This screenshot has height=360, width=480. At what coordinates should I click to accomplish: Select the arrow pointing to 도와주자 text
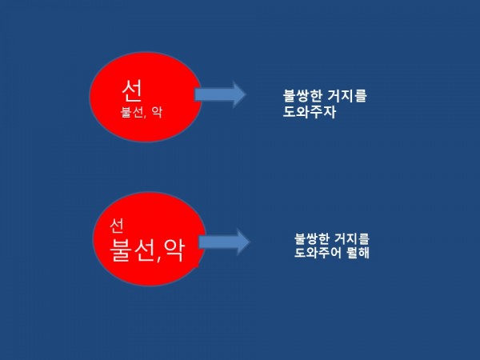pos(220,94)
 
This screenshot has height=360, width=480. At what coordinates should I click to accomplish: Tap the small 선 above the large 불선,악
pos(117,222)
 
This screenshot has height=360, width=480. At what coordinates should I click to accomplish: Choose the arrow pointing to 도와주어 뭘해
pos(224,242)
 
